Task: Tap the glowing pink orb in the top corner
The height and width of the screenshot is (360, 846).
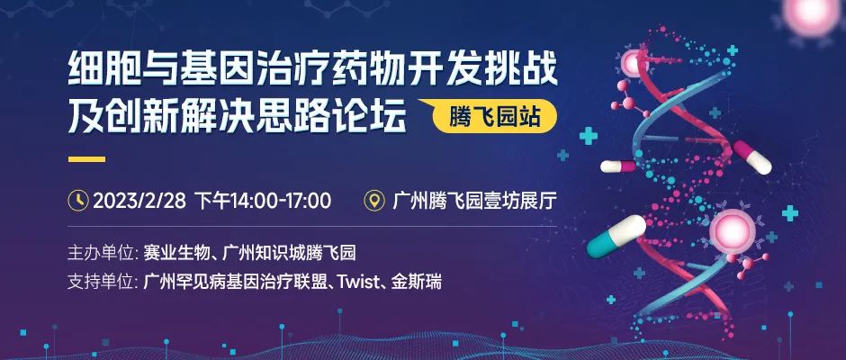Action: click(810, 11)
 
